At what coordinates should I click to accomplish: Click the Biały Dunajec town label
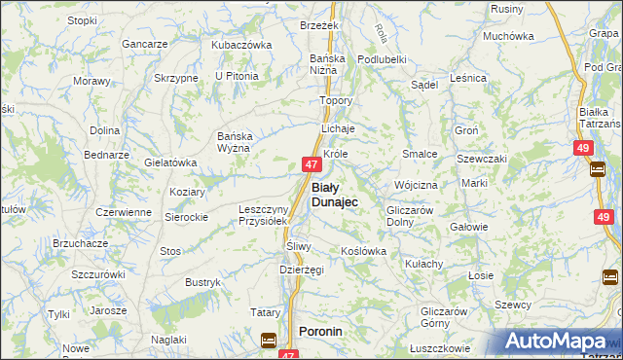tap(334, 194)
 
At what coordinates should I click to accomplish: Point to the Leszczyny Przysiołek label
tap(261, 215)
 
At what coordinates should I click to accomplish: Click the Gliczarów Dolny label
tap(415, 215)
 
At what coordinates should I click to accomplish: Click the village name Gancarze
tap(145, 45)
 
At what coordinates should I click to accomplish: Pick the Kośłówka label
tap(364, 251)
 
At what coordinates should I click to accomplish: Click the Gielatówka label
tap(170, 162)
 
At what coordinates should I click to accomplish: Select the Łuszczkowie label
tap(440, 348)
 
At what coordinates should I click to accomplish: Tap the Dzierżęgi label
tap(301, 270)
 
